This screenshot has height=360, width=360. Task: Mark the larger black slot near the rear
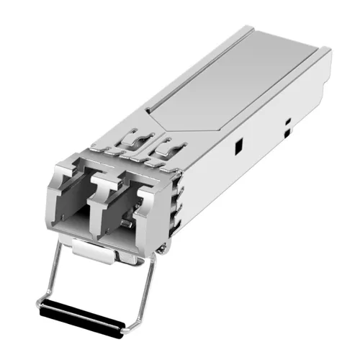tap(287, 132)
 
